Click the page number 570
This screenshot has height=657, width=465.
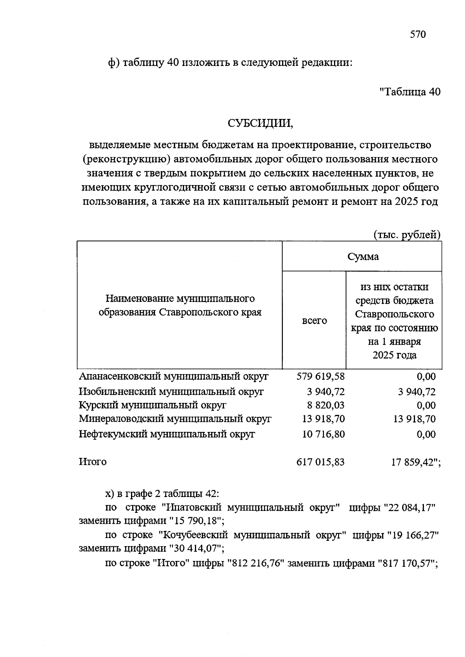tap(418, 34)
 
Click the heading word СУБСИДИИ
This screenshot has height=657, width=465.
tap(260, 123)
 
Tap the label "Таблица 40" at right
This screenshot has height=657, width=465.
tap(410, 92)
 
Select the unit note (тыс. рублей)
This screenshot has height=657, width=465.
tap(407, 234)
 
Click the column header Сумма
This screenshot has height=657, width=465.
tap(363, 256)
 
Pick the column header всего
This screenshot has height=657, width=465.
tap(314, 321)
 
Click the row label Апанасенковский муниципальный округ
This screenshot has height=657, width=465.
tap(174, 376)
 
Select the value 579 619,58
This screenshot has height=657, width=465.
tap(320, 376)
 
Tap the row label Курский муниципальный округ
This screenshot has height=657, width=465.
tap(152, 405)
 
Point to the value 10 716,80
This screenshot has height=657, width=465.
tap(323, 434)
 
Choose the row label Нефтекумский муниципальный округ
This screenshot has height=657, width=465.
tap(167, 434)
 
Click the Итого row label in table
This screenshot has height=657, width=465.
tap(93, 462)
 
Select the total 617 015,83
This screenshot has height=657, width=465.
tap(320, 462)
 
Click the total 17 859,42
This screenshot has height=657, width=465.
tap(414, 462)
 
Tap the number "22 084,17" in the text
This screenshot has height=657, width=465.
tap(410, 507)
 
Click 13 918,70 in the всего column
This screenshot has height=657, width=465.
tap(323, 419)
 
